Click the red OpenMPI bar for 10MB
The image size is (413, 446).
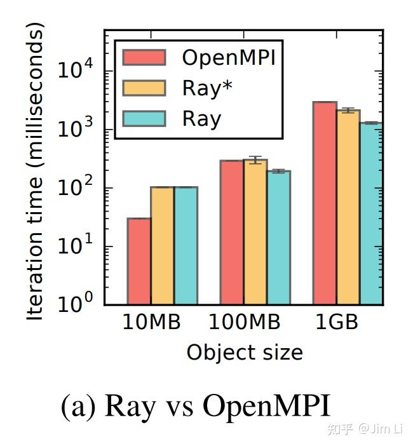coord(139,261)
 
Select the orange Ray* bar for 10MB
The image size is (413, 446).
coord(162,246)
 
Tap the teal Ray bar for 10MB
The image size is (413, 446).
coord(186,246)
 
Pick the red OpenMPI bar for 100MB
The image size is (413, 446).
coord(232,233)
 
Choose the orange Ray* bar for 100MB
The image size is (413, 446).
coord(255,233)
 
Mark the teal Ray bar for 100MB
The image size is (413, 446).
coord(278,238)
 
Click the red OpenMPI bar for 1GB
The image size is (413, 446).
coord(325,203)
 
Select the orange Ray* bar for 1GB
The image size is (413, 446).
coord(348,207)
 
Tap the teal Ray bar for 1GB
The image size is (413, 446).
coord(371,213)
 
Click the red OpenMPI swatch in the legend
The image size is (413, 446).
coord(144,57)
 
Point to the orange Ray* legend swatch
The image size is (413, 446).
coord(144,88)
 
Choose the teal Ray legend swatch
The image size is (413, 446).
coord(144,118)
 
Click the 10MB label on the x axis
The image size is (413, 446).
coord(152,323)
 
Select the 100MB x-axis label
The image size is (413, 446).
coord(245,323)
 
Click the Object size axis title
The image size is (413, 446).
coord(245,352)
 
